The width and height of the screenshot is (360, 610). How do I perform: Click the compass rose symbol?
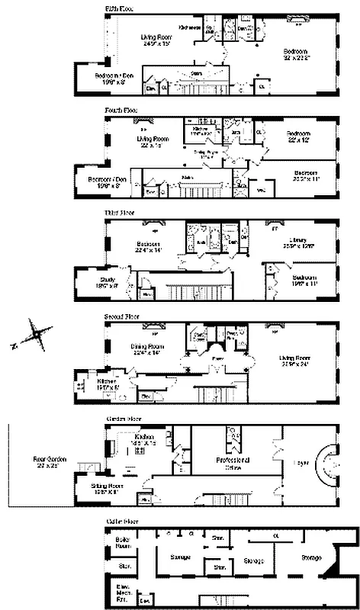coord(37,334)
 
